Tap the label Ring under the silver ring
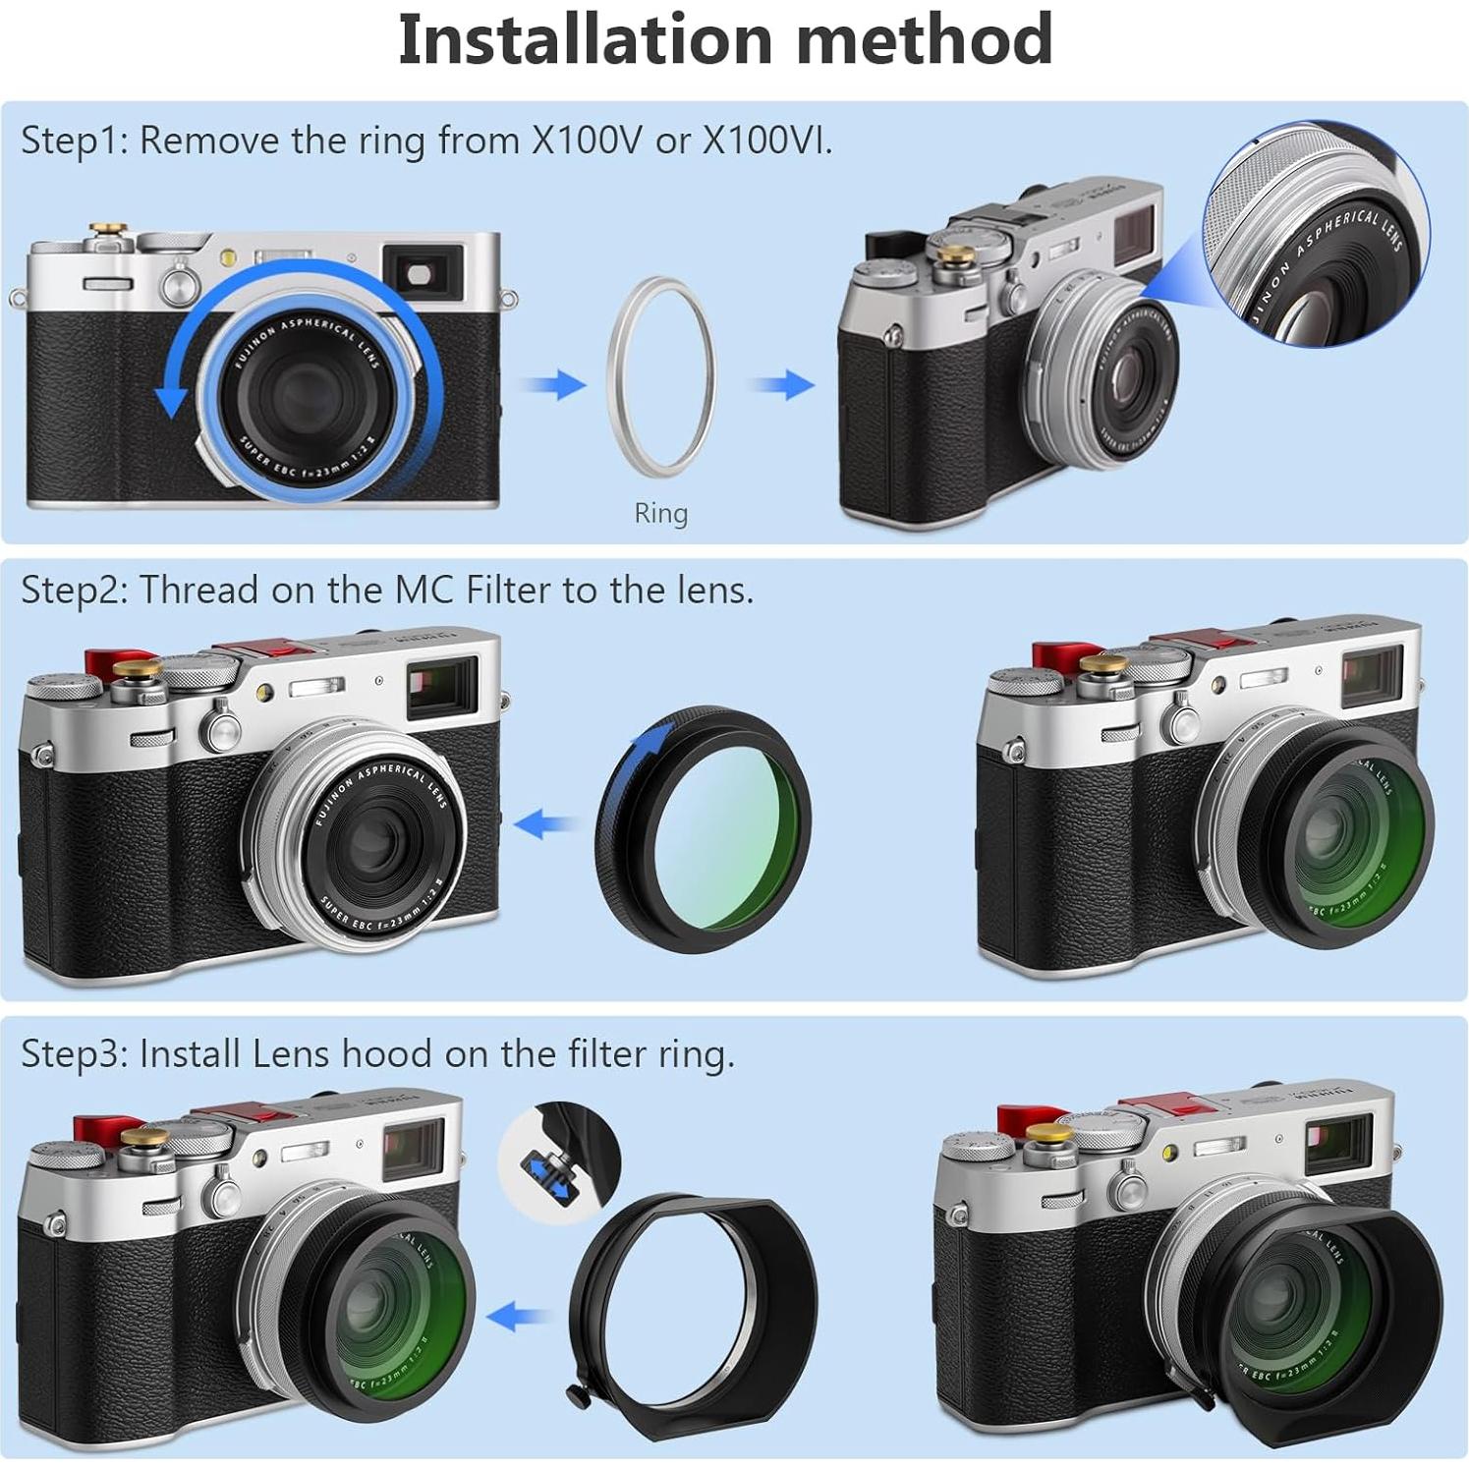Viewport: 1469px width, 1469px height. pyautogui.click(x=660, y=513)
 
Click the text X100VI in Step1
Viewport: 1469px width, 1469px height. pyautogui.click(x=766, y=141)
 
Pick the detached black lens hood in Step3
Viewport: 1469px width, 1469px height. pyautogui.click(x=693, y=1317)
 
